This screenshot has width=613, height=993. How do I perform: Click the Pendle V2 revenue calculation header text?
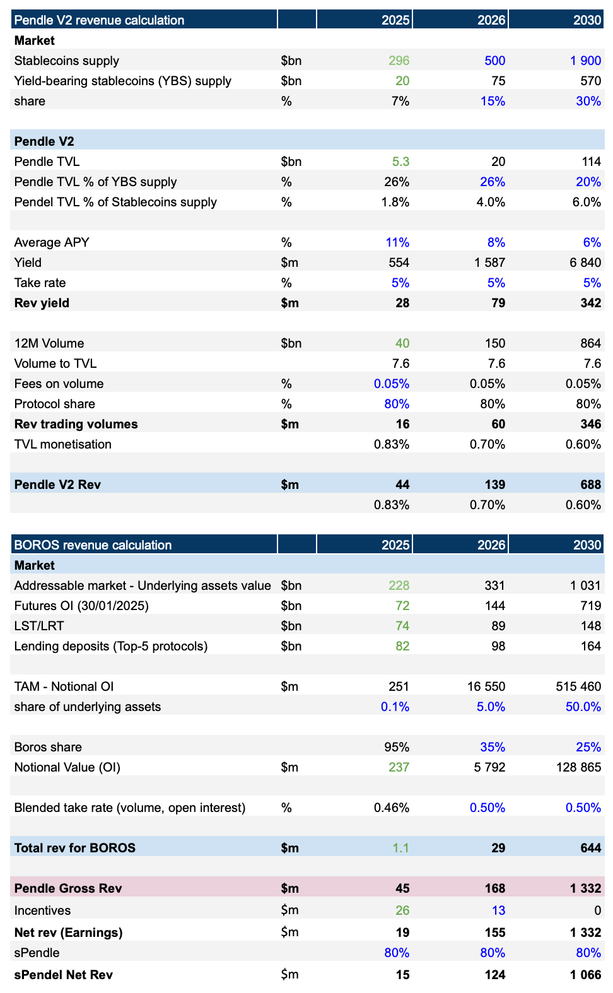[x=99, y=20]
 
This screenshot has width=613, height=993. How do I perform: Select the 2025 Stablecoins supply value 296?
[x=399, y=61]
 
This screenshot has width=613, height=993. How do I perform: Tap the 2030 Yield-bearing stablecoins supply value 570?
[x=590, y=81]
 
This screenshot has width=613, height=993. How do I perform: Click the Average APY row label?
[x=52, y=242]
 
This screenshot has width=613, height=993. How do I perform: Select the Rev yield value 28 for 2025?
[x=402, y=303]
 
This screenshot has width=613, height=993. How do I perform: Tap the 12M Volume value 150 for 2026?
[x=495, y=343]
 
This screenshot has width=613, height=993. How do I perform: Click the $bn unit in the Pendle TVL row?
[x=291, y=162]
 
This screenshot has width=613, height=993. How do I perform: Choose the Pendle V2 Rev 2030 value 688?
[x=591, y=485]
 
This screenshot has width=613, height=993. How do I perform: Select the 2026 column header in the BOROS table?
[x=491, y=545]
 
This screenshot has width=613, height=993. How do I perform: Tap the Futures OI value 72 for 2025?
[x=402, y=606]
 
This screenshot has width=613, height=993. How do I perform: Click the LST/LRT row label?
[x=39, y=626]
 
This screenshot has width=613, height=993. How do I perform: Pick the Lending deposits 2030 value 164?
[x=591, y=646]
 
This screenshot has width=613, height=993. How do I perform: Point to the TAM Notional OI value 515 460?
[x=578, y=686]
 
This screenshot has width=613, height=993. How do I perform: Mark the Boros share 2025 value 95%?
[x=397, y=747]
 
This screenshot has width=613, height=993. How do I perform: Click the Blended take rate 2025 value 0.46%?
[x=392, y=808]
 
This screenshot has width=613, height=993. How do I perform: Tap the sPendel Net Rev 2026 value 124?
[x=495, y=975]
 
